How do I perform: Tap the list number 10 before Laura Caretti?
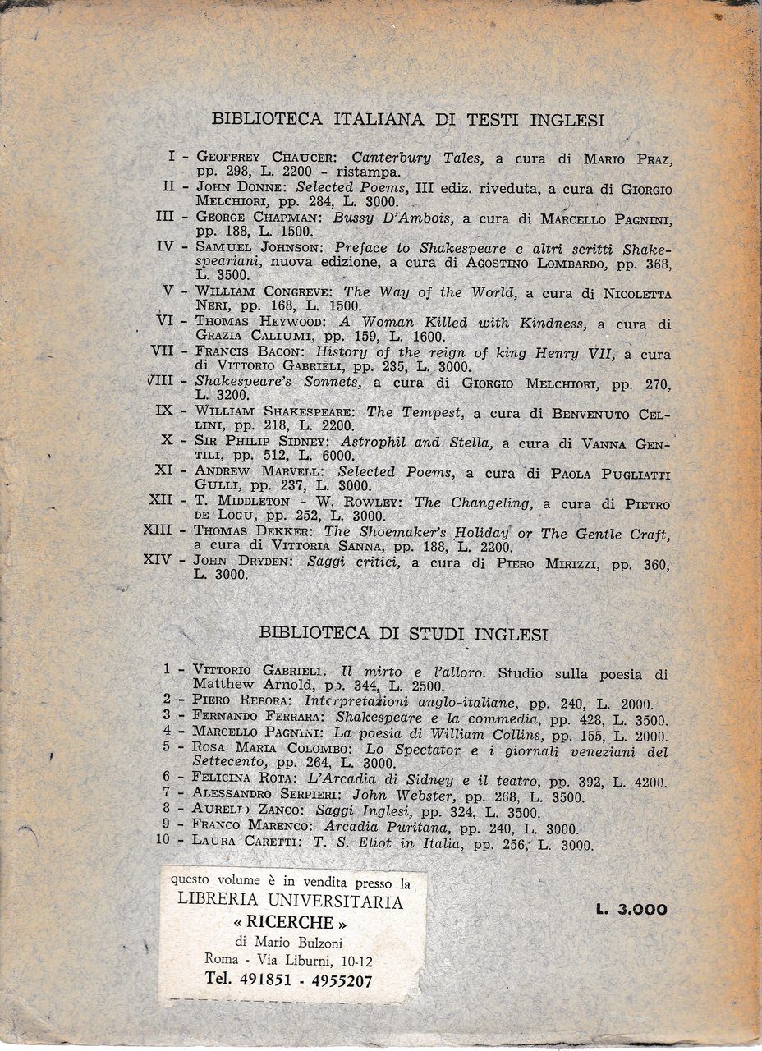[172, 842]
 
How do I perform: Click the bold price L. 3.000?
[632, 909]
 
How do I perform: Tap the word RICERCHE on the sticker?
[291, 921]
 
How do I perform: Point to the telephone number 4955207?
[337, 980]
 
